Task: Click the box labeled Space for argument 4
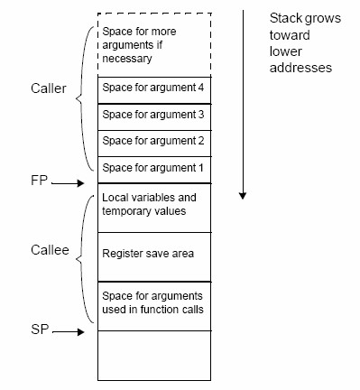(x=152, y=88)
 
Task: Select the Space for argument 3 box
(x=152, y=115)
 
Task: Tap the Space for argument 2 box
(x=152, y=141)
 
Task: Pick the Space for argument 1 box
(x=152, y=167)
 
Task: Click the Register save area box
(x=152, y=255)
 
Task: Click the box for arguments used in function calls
(x=152, y=303)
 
